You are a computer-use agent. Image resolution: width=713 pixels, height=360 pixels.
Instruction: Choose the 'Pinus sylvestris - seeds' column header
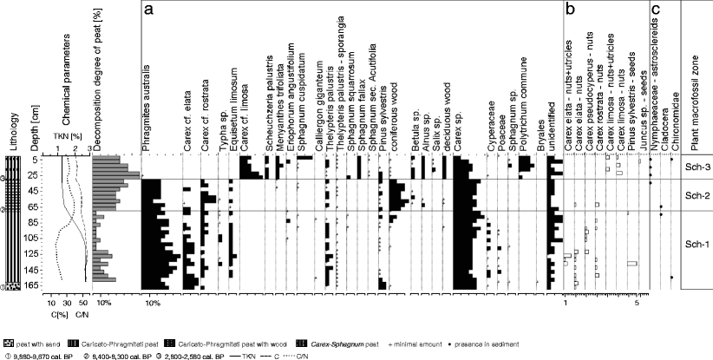point(631,95)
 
